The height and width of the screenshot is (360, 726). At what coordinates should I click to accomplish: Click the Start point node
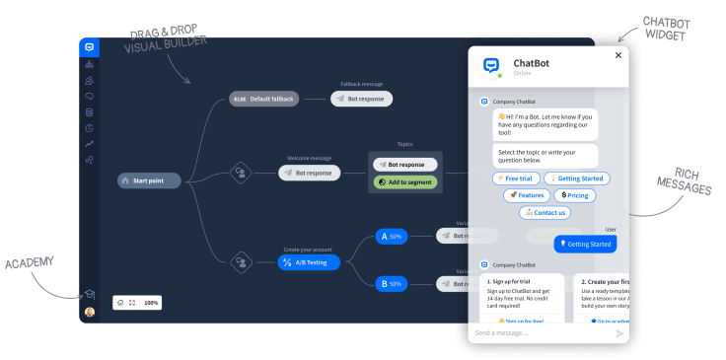[x=150, y=180]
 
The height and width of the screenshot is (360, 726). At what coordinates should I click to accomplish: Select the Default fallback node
[x=263, y=99]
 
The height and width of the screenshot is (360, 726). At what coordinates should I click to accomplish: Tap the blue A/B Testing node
[x=310, y=262]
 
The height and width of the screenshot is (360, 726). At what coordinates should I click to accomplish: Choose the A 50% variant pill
[x=391, y=237]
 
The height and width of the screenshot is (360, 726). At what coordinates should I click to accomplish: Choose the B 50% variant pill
[x=391, y=284]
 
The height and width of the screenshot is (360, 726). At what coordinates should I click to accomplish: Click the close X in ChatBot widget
[x=618, y=55]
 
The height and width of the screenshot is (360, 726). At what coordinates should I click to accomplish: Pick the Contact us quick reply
[x=544, y=212]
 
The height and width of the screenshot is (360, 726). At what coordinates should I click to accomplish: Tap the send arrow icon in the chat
[x=619, y=333]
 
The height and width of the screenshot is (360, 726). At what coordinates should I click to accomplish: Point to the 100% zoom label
[x=151, y=303]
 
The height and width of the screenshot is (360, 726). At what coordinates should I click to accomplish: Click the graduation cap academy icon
[x=89, y=294]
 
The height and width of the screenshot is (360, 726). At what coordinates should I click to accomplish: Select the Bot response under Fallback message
[x=361, y=99]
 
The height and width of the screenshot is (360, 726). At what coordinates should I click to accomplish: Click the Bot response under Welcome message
[x=309, y=173]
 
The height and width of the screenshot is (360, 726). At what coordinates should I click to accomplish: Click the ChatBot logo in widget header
[x=490, y=65]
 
